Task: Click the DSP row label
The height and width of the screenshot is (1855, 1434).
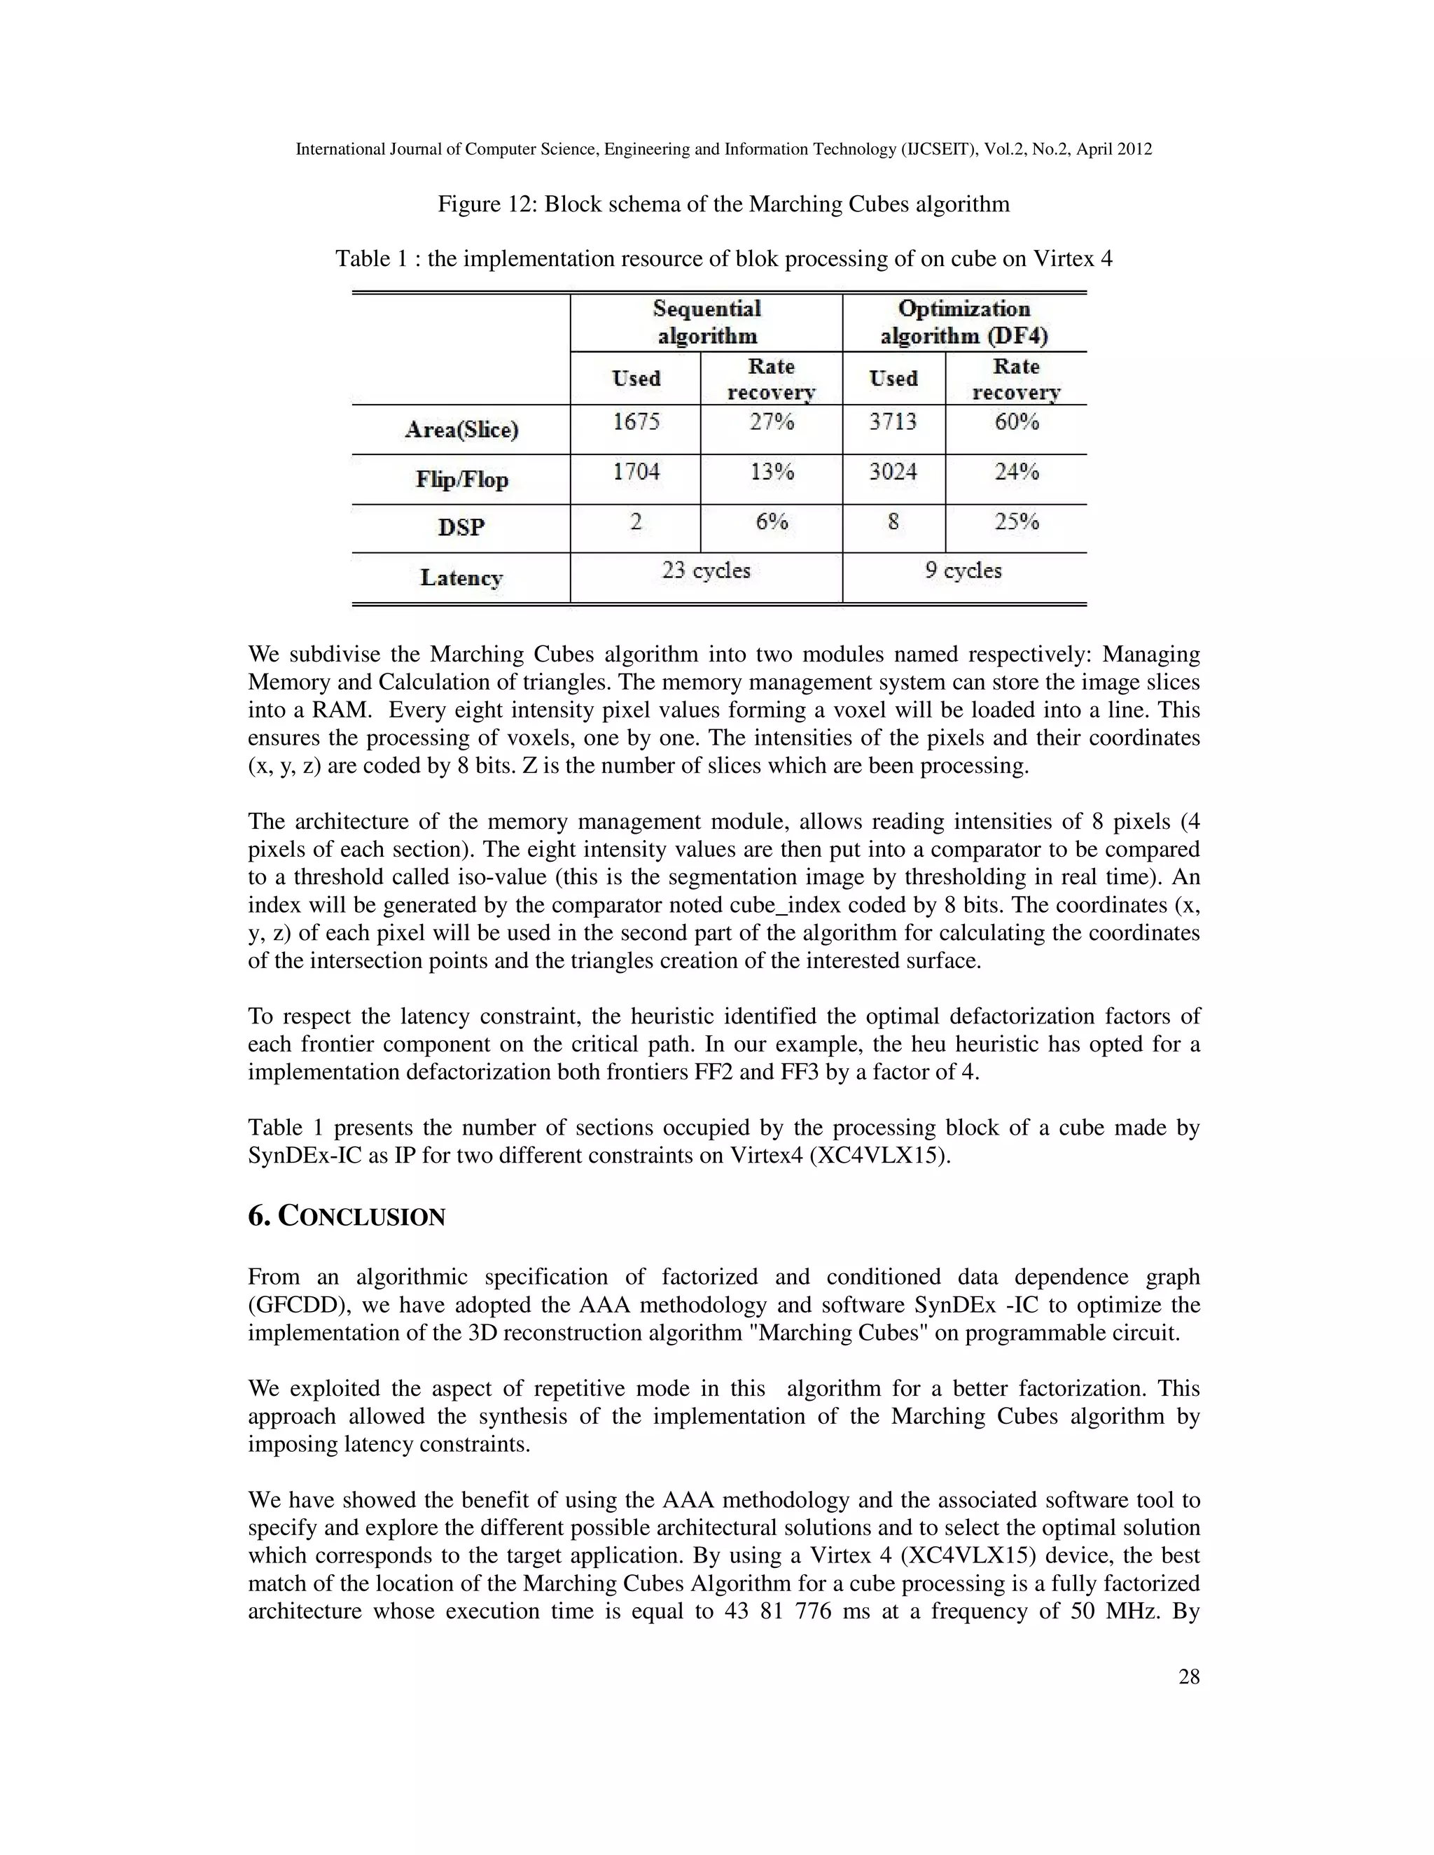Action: tap(461, 528)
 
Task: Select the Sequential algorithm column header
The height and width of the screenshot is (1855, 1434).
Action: tap(706, 322)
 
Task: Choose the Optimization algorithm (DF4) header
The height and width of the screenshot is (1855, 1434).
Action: tap(964, 322)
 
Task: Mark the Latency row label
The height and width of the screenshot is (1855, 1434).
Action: tap(461, 577)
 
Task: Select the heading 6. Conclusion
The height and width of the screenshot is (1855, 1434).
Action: tap(347, 1217)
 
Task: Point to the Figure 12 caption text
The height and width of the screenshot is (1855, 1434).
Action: tap(723, 204)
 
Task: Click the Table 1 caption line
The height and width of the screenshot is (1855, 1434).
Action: tap(723, 259)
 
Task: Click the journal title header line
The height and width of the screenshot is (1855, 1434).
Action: tap(723, 150)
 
